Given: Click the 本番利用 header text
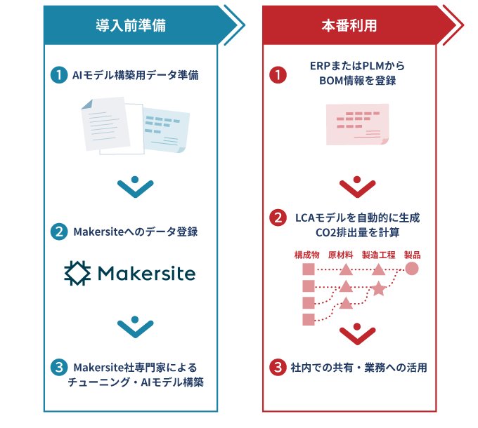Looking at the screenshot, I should tap(349, 26).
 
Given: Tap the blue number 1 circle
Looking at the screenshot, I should tap(60, 74).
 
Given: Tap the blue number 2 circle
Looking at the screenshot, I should tap(60, 232).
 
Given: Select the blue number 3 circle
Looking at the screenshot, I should tap(60, 368).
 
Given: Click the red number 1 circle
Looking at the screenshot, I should tap(278, 74).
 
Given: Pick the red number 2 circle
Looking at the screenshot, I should tap(278, 218).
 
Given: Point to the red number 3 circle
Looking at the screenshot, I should tap(278, 367).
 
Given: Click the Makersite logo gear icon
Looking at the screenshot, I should tap(77, 273).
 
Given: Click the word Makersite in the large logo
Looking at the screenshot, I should tap(146, 273).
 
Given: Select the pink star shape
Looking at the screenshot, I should tap(378, 288).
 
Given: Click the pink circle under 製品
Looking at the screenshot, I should tap(412, 269).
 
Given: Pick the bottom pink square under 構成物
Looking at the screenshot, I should tap(308, 320).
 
